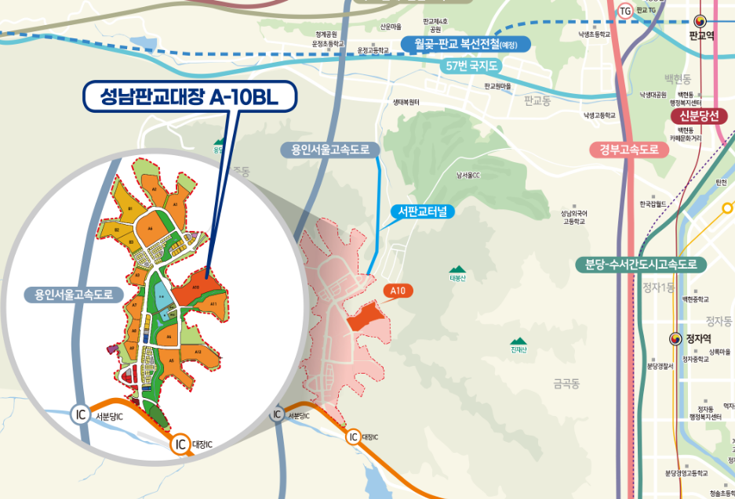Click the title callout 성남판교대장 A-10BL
[190, 96]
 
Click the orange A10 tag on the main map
[398, 291]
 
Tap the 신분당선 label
[699, 116]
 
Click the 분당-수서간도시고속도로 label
[641, 264]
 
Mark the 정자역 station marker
[674, 338]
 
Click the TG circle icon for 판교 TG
[625, 11]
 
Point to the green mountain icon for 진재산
[517, 341]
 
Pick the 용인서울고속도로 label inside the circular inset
[69, 295]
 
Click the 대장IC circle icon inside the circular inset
[180, 444]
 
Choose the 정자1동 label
[657, 287]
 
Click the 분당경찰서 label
[660, 366]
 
